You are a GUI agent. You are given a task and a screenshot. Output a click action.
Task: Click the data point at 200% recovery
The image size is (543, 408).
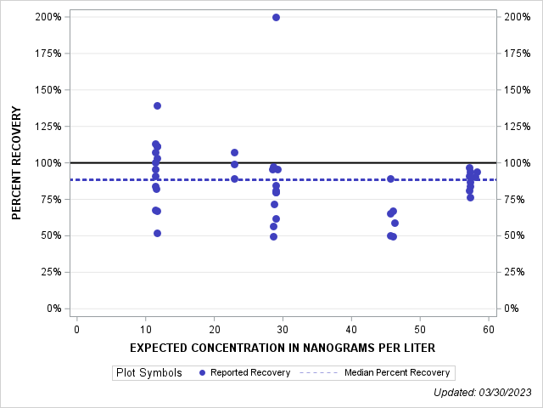click(276, 17)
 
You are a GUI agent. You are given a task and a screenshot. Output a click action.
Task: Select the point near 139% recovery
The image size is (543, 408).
click(157, 105)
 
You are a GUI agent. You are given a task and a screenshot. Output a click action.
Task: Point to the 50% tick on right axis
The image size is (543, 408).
click(515, 235)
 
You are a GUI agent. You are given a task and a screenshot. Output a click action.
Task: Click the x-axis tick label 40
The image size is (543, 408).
click(350, 329)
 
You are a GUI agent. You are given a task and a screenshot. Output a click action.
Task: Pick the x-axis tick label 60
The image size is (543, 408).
click(488, 329)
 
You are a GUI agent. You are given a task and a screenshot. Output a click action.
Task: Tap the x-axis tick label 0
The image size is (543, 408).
click(76, 329)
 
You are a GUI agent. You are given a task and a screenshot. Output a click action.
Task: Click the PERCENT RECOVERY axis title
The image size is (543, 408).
click(17, 163)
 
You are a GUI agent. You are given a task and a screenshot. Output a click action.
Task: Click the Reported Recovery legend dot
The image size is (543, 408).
click(201, 372)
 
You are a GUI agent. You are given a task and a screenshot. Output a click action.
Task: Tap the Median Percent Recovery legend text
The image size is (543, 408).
click(398, 372)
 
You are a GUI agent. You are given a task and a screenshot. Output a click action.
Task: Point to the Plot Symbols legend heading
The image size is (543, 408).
click(148, 372)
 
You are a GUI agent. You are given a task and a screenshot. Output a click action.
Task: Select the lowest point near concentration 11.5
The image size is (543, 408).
click(157, 233)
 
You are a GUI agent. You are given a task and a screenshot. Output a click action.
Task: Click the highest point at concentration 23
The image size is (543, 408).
click(234, 152)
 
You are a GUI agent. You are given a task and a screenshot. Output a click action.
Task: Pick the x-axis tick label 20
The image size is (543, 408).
click(214, 329)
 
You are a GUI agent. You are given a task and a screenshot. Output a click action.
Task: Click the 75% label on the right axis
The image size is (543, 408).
click(515, 199)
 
